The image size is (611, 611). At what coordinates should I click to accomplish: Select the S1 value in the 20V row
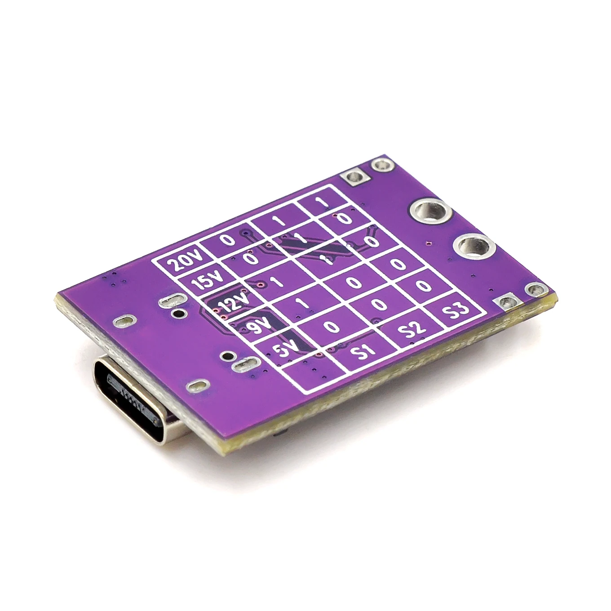click(x=228, y=240)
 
